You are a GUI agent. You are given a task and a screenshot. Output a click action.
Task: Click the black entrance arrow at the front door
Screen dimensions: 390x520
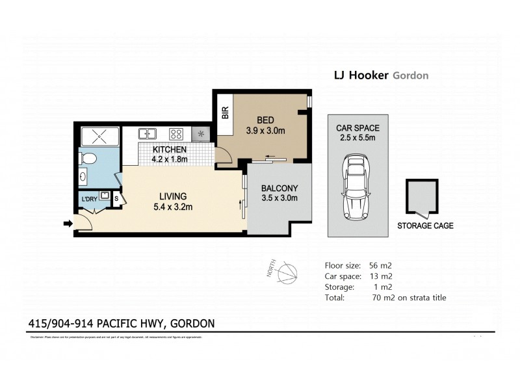pyautogui.click(x=68, y=224)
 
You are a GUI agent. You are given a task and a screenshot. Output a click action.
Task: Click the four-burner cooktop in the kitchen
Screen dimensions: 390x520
pyautogui.click(x=175, y=135)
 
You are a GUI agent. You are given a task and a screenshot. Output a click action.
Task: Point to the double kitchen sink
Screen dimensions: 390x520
pyautogui.click(x=148, y=135)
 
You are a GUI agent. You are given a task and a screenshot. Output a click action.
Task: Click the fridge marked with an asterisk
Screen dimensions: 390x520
pyautogui.click(x=201, y=135)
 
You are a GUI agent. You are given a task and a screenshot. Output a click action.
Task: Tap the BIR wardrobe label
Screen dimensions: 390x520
pyautogui.click(x=226, y=112)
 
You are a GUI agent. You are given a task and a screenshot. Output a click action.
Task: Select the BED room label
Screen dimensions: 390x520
pyautogui.click(x=265, y=120)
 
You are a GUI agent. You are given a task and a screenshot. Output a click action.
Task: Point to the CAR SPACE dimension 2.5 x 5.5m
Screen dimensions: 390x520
pyautogui.click(x=354, y=138)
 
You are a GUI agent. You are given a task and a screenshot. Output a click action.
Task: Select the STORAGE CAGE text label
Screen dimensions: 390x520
pyautogui.click(x=425, y=226)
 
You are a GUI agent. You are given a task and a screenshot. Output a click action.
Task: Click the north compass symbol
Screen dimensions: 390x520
pyautogui.click(x=286, y=274)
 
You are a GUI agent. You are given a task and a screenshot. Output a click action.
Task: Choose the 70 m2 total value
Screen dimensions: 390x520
pyautogui.click(x=375, y=298)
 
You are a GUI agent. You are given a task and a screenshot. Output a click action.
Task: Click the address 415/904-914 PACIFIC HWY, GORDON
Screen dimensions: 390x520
pyautogui.click(x=122, y=323)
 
